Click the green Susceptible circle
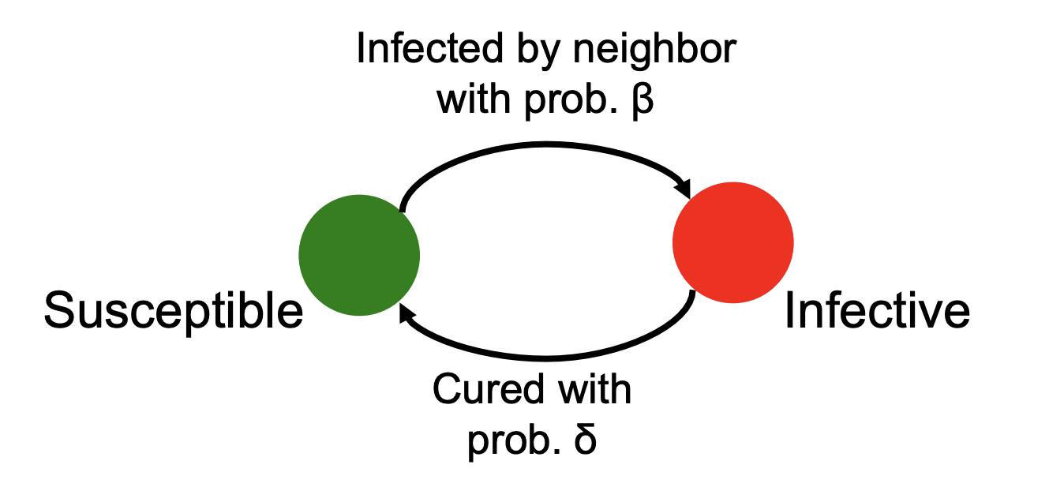coord(359,254)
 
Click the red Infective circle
coord(732,242)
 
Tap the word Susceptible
coord(173,310)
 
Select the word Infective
coord(876,310)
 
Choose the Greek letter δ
coord(585,441)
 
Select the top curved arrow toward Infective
coord(545,144)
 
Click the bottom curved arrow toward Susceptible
coord(545,357)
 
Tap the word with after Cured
coord(594,390)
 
